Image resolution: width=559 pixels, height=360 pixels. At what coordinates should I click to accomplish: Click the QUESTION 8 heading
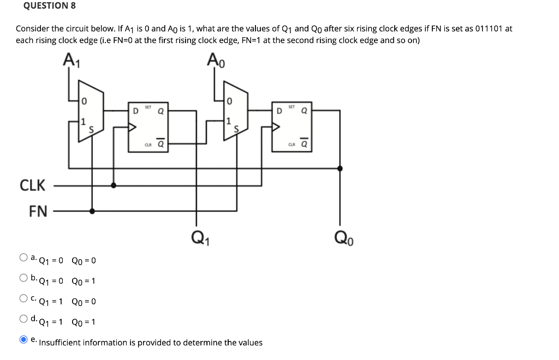[50, 6]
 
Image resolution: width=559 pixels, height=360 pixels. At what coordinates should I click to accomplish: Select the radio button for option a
[23, 257]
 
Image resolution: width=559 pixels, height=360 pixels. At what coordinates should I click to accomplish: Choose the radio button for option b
[23, 278]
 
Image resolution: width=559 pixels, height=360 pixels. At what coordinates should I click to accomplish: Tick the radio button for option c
[23, 298]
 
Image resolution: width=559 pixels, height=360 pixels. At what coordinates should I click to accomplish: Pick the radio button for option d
[23, 319]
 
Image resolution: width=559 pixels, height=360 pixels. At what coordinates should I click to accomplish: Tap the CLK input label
[33, 185]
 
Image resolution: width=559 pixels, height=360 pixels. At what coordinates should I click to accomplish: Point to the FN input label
[38, 211]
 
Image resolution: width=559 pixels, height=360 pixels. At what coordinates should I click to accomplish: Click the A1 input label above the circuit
[72, 59]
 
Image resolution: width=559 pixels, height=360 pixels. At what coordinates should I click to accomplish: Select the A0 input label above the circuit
[215, 59]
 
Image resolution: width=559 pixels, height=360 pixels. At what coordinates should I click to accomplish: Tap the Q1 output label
[198, 238]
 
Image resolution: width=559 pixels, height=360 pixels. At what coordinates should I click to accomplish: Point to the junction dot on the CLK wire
[114, 185]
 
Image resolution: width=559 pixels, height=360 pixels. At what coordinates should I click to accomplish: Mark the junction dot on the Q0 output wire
[340, 169]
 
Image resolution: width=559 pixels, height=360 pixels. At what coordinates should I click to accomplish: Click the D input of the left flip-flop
[135, 111]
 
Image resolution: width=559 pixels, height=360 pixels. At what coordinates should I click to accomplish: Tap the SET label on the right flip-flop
[292, 106]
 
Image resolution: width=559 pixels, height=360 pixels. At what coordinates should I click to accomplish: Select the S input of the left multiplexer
[91, 129]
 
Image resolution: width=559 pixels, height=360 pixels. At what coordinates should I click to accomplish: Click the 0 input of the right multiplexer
[230, 101]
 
